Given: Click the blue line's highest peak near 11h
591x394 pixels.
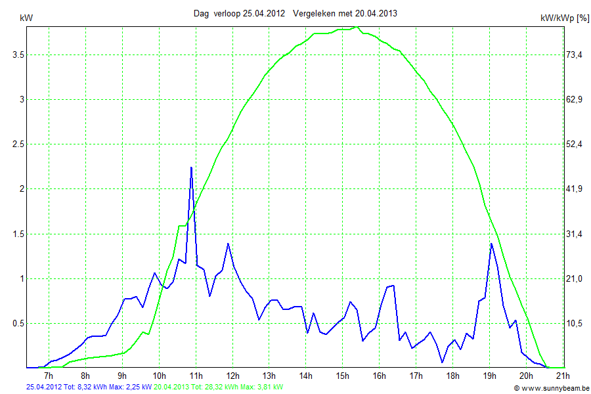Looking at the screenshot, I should (191, 167).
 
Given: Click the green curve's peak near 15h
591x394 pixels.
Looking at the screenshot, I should (355, 27).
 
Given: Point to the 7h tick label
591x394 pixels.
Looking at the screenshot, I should (48, 376).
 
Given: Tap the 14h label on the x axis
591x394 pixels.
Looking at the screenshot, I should (305, 376).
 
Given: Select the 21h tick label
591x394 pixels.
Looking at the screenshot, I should (562, 376).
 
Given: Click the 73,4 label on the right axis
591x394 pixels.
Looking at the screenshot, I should (575, 55).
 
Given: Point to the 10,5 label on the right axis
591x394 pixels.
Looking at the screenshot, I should (575, 323).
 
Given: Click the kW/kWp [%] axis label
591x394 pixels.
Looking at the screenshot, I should (565, 18).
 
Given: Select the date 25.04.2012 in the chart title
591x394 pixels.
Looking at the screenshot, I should (263, 13).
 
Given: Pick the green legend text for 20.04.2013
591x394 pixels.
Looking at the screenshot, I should (219, 387).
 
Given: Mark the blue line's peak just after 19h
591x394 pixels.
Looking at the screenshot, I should (491, 244).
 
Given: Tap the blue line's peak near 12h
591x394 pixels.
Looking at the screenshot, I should (228, 244).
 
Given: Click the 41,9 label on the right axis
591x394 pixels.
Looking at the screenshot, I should (575, 189).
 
